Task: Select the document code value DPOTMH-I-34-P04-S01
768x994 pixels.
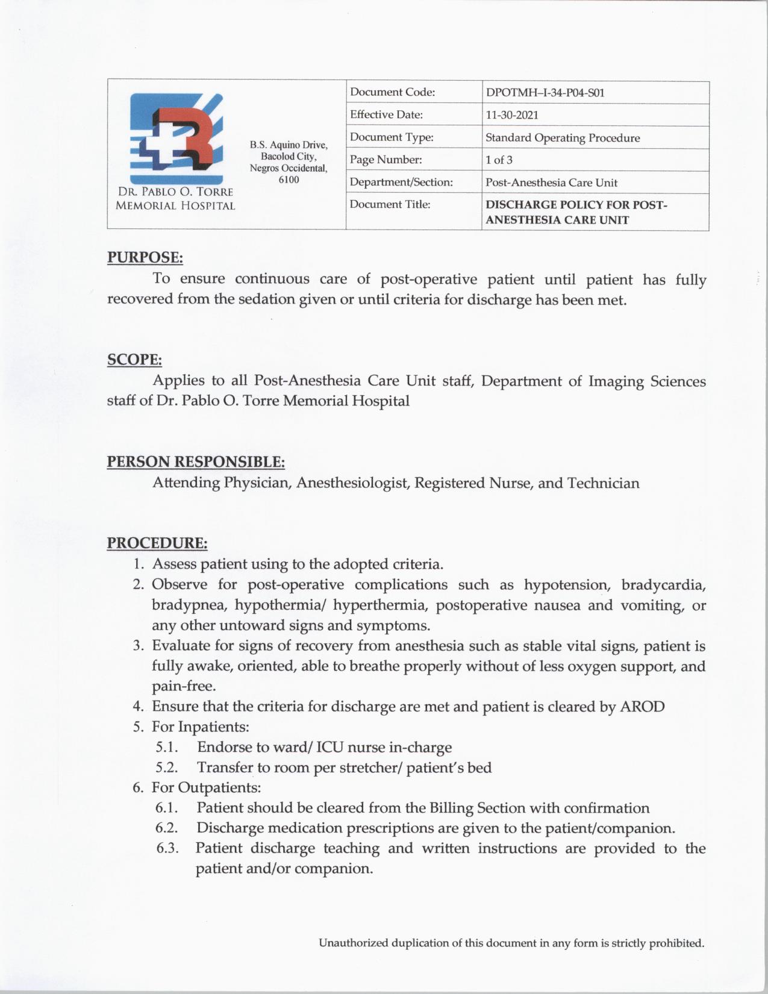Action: click(x=545, y=93)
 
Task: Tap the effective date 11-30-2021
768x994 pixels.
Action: click(x=512, y=115)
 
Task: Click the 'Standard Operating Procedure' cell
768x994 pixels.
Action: click(x=563, y=138)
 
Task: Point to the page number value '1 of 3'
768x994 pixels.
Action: click(x=499, y=160)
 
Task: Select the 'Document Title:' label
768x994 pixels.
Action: click(x=390, y=205)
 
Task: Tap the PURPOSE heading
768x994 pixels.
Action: click(x=145, y=258)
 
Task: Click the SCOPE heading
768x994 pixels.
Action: click(x=134, y=360)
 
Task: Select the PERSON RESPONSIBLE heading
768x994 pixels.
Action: click(x=196, y=462)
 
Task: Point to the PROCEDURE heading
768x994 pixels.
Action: click(x=157, y=543)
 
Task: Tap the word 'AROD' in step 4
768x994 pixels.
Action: click(x=642, y=707)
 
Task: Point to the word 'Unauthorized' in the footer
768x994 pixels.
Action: click(x=354, y=943)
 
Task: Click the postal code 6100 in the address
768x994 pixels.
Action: click(x=289, y=180)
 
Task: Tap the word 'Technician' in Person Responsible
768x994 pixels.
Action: click(x=603, y=483)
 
